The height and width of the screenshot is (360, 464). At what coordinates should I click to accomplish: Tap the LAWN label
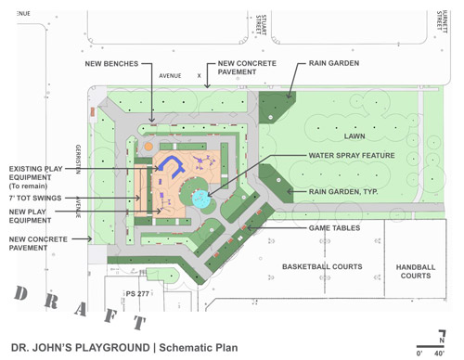[x=348, y=133]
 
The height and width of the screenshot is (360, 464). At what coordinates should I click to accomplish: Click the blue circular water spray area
[x=198, y=195]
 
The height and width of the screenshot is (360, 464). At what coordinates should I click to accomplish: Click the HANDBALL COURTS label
[x=415, y=271]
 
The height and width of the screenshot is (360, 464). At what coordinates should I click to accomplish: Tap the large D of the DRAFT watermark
[x=20, y=295]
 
